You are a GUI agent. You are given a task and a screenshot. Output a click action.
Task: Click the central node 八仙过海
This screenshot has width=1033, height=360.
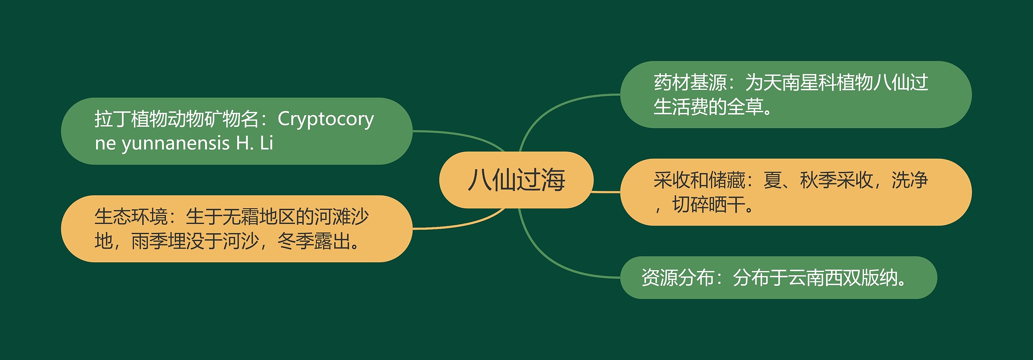click(x=516, y=180)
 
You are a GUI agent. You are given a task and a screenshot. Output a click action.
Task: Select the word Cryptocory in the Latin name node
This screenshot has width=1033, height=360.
click(x=326, y=119)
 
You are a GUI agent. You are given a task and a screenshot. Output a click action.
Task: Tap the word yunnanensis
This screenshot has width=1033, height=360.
click(x=176, y=143)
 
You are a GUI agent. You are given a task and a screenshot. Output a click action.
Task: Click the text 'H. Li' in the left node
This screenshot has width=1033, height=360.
click(x=255, y=143)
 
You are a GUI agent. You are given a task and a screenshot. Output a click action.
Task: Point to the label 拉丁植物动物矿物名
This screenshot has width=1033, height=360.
click(x=176, y=119)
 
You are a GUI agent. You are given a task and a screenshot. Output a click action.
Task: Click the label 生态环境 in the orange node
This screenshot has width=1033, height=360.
click(x=131, y=217)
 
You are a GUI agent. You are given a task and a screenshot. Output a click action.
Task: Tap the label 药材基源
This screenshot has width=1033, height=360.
click(x=690, y=83)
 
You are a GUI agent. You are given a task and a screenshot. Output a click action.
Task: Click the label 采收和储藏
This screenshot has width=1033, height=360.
click(x=699, y=180)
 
